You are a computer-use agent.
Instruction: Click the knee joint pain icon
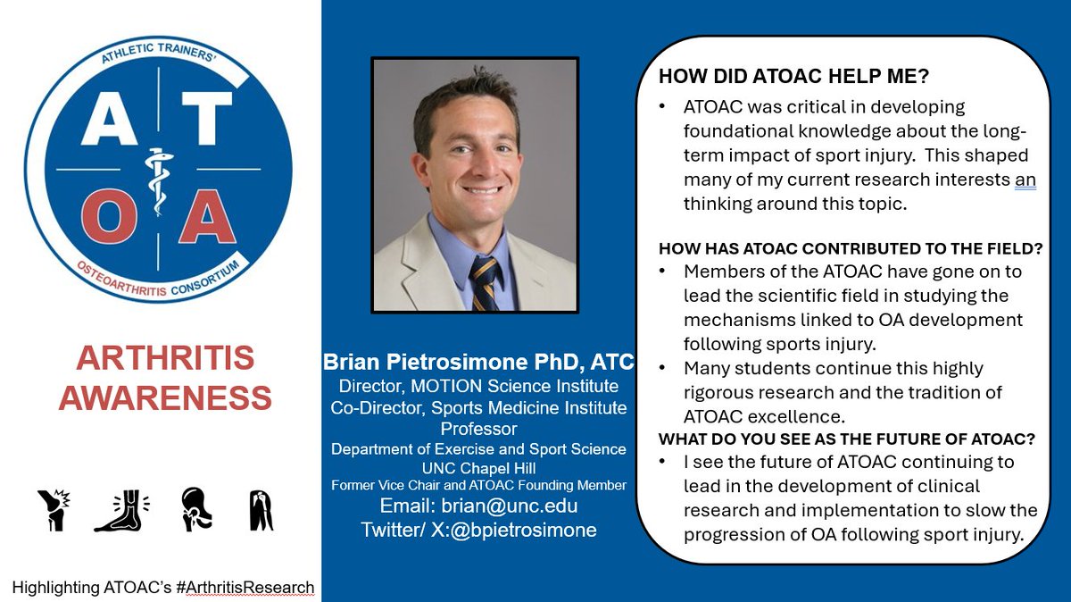55,510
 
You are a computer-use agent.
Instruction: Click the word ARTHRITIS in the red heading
165,358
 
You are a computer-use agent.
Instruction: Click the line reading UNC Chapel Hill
478,467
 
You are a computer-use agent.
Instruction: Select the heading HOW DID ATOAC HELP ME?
775,77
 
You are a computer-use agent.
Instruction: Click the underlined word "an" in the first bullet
1025,180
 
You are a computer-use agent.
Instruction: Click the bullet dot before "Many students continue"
662,368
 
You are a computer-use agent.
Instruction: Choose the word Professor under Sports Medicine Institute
478,430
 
